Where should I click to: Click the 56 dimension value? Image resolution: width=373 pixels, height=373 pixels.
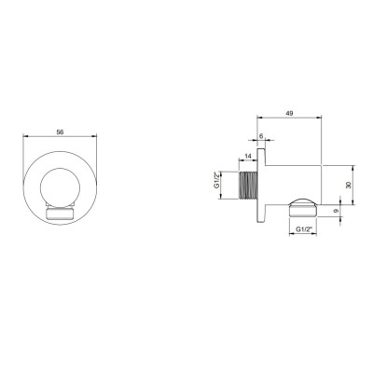pos(60,132)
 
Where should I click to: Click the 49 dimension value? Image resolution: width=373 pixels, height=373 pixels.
pos(289,114)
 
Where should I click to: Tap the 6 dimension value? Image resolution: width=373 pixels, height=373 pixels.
pos(261,136)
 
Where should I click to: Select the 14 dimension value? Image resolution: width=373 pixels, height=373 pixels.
pos(248,157)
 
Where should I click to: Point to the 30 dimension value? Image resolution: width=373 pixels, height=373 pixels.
pos(349,185)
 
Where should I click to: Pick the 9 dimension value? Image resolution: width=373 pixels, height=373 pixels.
pos(336,211)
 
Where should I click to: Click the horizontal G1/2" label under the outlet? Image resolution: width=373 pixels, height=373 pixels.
pos(303,229)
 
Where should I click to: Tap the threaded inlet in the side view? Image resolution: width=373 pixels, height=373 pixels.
pos(248,185)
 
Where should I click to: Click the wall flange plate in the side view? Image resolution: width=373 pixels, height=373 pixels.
pos(261,186)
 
